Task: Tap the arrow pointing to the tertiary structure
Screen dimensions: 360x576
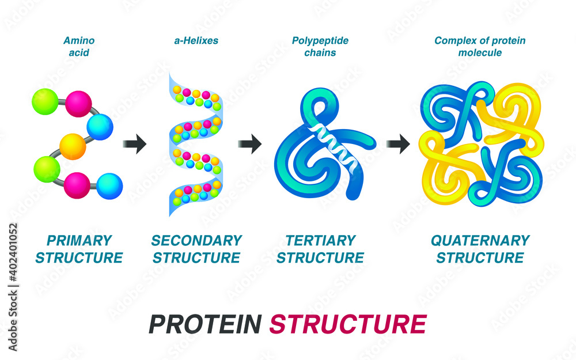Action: click(x=249, y=144)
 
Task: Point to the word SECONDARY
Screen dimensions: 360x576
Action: click(x=196, y=240)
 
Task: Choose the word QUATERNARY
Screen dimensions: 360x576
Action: click(x=480, y=240)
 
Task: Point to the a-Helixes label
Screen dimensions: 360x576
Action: click(x=196, y=41)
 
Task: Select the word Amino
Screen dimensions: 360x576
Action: click(x=79, y=41)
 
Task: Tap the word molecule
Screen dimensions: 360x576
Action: click(x=480, y=53)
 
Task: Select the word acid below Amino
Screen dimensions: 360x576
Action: click(x=79, y=53)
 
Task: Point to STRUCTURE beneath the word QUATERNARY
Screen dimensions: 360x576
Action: click(x=480, y=257)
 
